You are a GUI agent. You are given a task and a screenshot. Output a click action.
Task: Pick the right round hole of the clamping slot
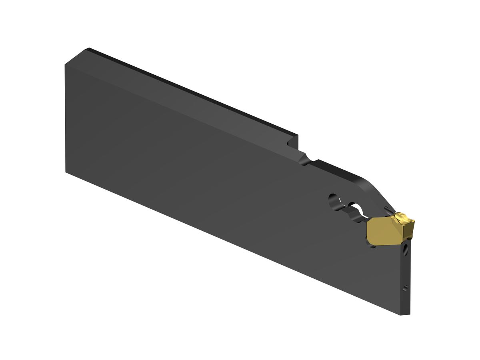[x=356, y=208]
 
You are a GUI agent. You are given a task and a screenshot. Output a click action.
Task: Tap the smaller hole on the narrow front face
[x=406, y=287]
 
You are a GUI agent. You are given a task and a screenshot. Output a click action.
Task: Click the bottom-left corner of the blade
[x=66, y=172]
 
